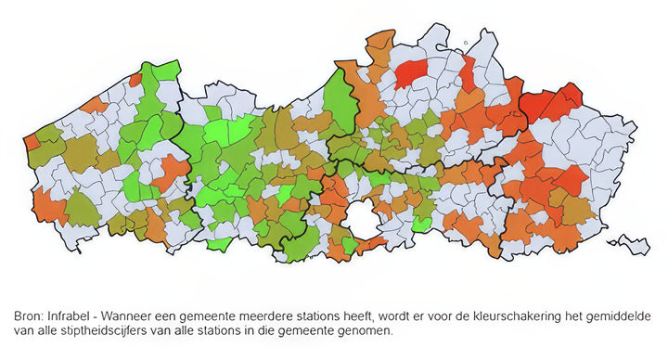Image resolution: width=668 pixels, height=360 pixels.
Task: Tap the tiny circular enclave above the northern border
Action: pyautogui.click(x=465, y=42)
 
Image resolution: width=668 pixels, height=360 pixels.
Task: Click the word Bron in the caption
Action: pyautogui.click(x=31, y=315)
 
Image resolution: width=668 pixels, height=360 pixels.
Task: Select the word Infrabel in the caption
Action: pyautogui.click(x=77, y=315)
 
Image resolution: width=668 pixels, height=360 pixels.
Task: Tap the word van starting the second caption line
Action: pyautogui.click(x=25, y=330)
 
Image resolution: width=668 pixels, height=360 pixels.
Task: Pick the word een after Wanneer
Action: pyautogui.click(x=180, y=315)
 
